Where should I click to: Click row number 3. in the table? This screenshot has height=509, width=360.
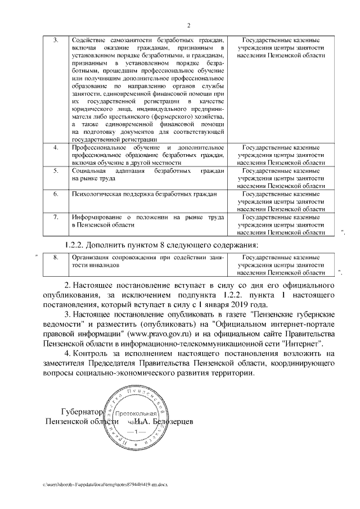56,40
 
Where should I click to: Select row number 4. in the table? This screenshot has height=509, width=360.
56,147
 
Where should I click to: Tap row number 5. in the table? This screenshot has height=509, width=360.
56,170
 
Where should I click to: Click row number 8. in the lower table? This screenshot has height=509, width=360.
56,257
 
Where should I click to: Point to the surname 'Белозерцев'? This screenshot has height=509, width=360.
169,421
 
